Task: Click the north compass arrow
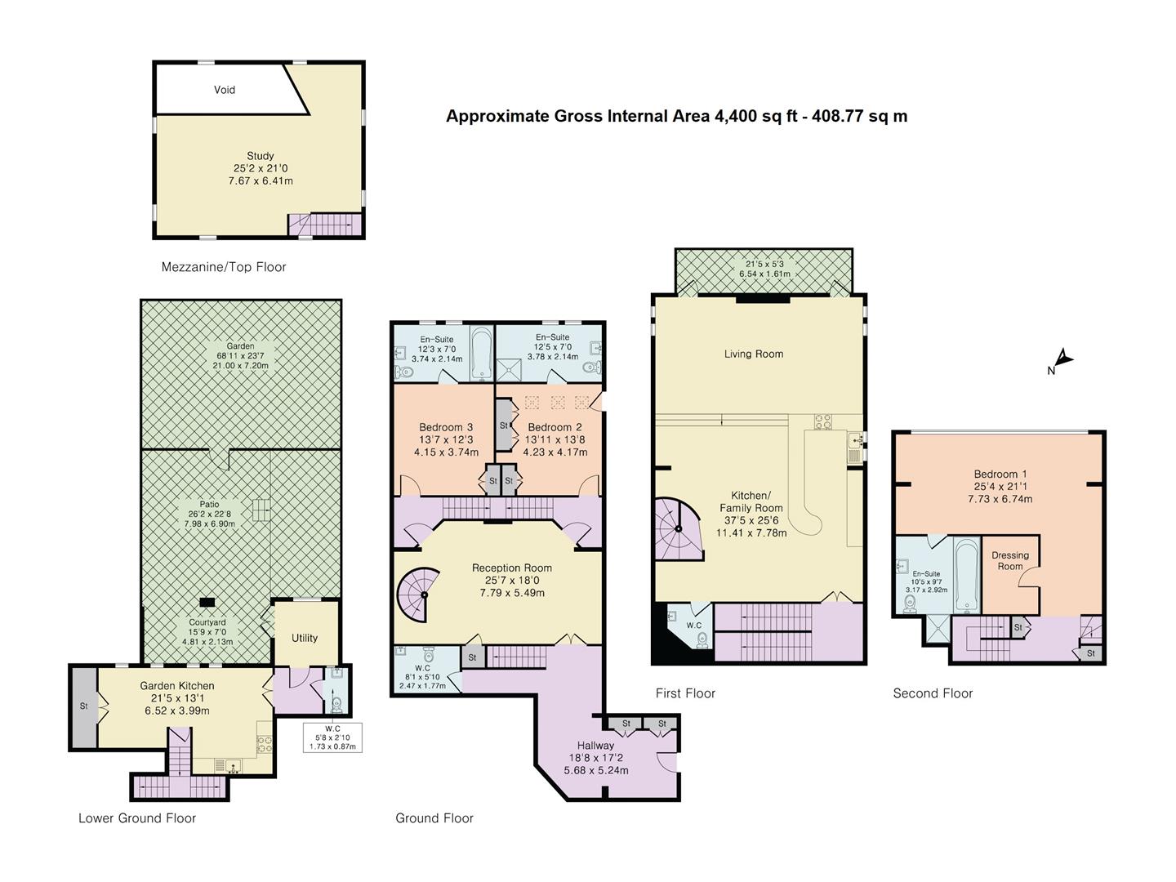click(x=1062, y=359)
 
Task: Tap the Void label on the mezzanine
click(x=225, y=90)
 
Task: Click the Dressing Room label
click(x=1009, y=560)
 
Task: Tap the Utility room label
click(x=305, y=638)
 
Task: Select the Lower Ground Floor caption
click(x=137, y=817)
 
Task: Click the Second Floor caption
click(x=933, y=693)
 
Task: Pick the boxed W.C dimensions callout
click(x=332, y=737)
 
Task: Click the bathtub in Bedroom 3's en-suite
click(x=482, y=354)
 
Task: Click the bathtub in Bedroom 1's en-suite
click(x=965, y=575)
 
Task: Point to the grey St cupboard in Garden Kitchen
click(x=83, y=706)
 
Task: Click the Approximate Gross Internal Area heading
click(x=676, y=116)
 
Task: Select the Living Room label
click(x=753, y=354)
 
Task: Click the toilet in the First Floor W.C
click(x=702, y=638)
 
